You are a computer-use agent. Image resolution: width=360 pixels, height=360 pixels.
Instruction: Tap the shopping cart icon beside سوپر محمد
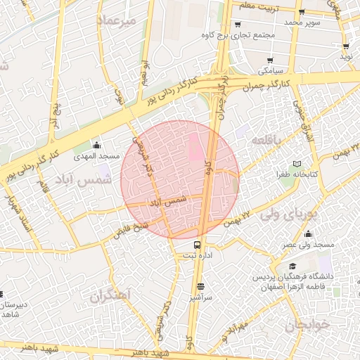tap(302, 13)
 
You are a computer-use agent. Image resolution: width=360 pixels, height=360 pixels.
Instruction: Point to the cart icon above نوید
tap(345, 44)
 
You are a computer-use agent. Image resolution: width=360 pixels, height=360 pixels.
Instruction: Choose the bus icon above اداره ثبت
tap(198, 245)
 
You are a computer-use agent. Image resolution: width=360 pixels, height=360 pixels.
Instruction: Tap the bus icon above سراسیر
tap(201, 286)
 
